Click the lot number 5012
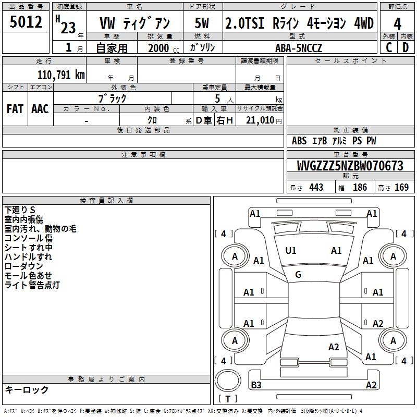pos(26,22)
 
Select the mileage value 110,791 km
pos(61,75)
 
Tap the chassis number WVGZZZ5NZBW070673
pos(350,166)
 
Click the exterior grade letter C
pos(388,47)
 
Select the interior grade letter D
pos(406,47)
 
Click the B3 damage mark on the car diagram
pos(256,385)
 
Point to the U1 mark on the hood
pos(291,251)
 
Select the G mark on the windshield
pos(298,275)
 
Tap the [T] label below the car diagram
pos(228,399)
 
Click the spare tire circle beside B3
pos(227,382)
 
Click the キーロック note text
pos(27,390)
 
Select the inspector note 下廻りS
pos(20,210)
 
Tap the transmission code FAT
pos(15,108)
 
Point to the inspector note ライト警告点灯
pos(32,285)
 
